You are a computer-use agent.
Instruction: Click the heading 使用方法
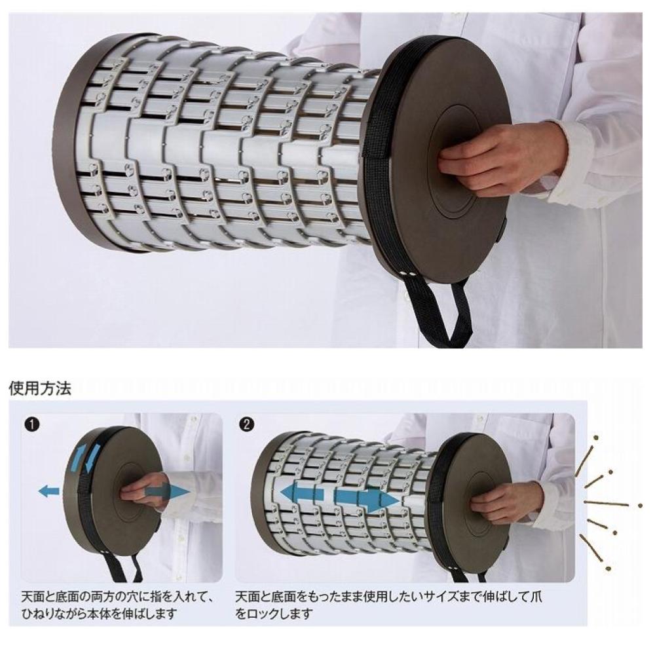click(x=40, y=388)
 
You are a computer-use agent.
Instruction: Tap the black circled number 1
click(x=32, y=424)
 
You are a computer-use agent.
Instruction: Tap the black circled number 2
click(x=248, y=424)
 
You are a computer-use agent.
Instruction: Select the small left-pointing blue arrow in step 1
click(x=49, y=491)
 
